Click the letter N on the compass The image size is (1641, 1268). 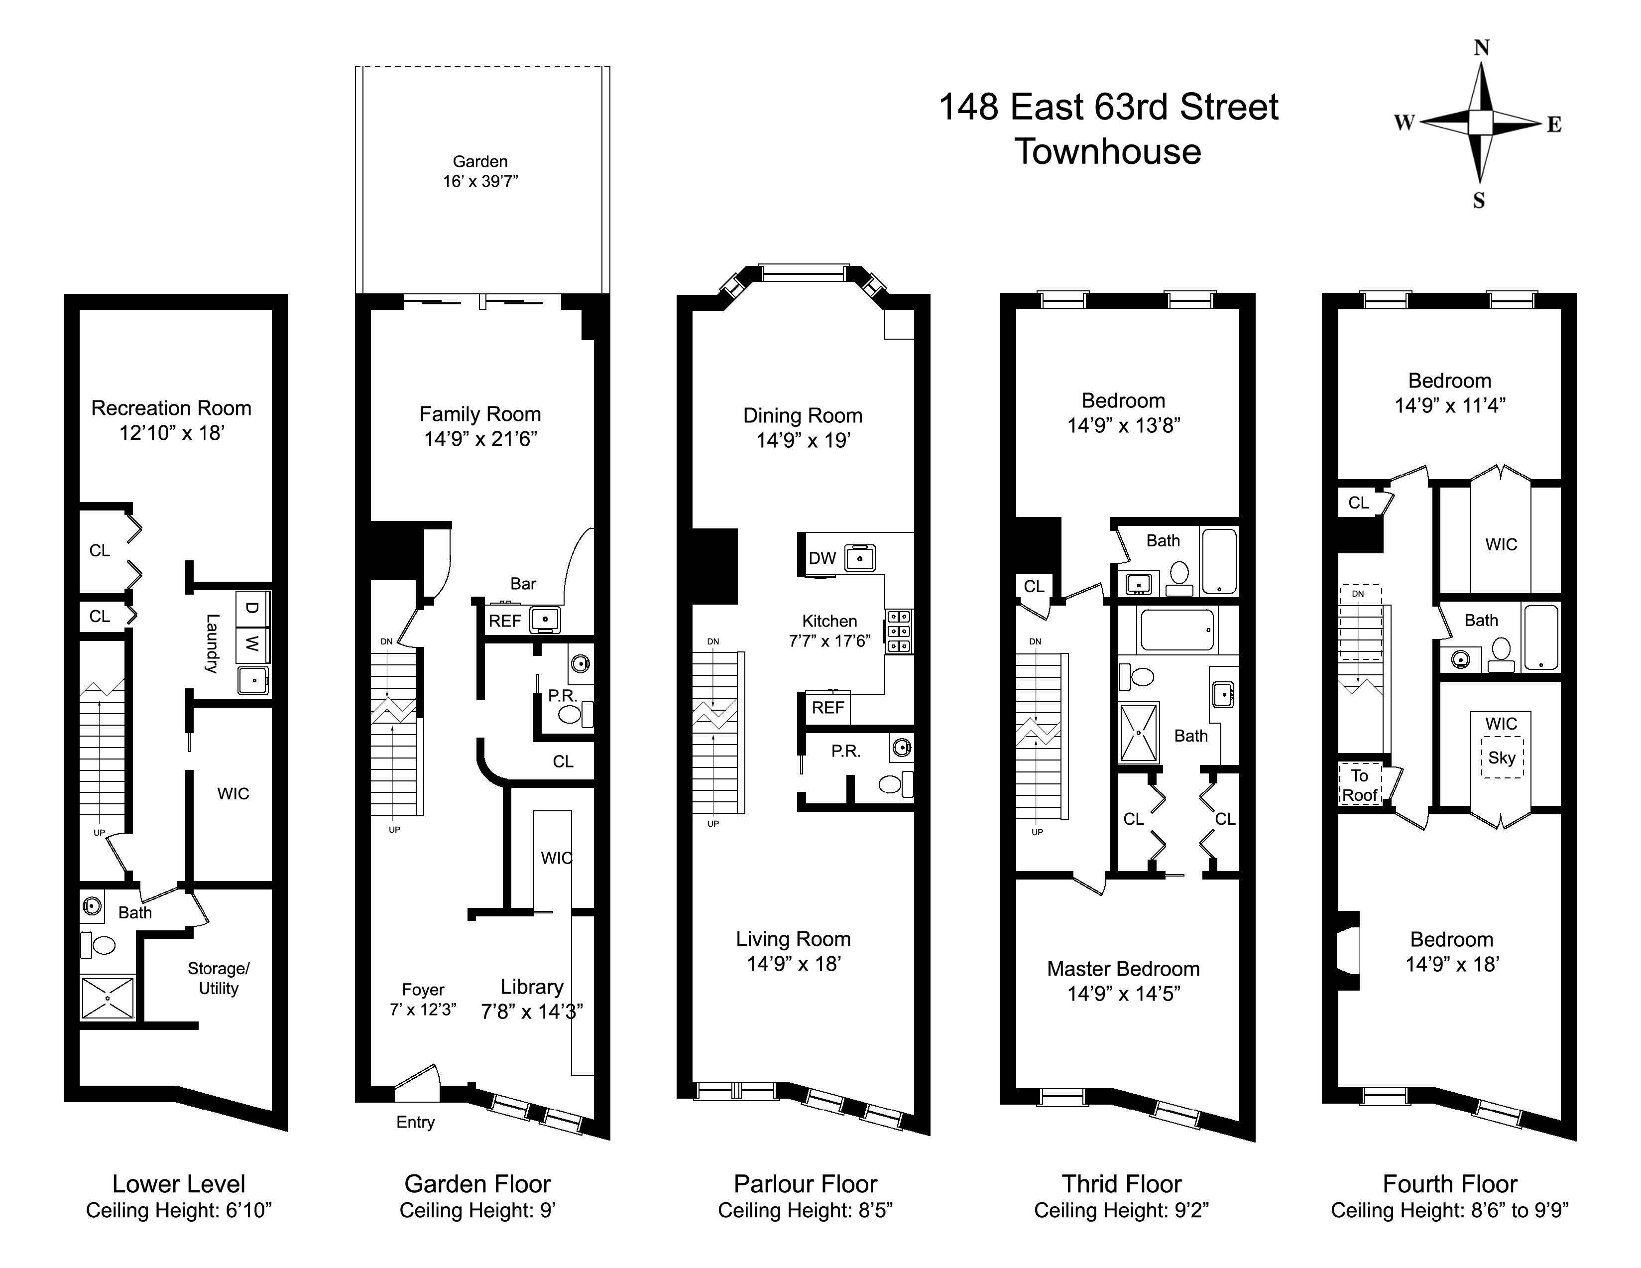click(x=1481, y=48)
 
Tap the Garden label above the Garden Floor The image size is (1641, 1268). click(x=480, y=161)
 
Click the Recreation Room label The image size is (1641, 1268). click(x=171, y=408)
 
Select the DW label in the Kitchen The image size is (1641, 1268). click(x=822, y=558)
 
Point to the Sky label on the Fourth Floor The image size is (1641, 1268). click(x=1501, y=758)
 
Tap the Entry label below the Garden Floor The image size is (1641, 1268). click(x=416, y=1122)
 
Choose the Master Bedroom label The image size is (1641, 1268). click(x=1123, y=969)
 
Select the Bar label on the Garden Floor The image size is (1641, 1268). click(x=523, y=584)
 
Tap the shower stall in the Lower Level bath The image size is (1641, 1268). click(x=108, y=998)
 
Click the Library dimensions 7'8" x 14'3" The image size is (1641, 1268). click(x=532, y=1012)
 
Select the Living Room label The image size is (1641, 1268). click(x=794, y=939)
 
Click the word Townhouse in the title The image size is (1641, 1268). click(x=1108, y=152)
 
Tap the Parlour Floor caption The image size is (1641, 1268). click(x=806, y=1184)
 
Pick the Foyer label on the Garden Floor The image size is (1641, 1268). click(x=423, y=990)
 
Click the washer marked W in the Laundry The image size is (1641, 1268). click(x=252, y=643)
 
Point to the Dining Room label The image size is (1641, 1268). click(x=803, y=416)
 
